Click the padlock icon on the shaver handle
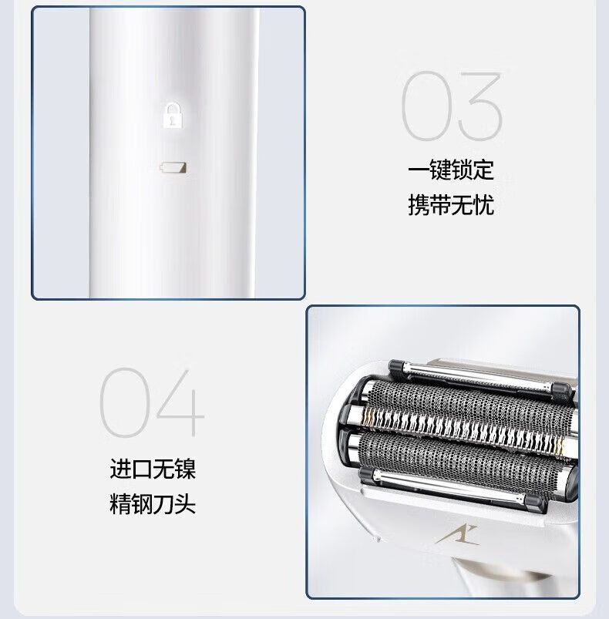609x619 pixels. coord(173,115)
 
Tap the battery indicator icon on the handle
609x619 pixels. coord(173,168)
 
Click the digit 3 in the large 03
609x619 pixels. coord(480,106)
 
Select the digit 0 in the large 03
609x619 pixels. coord(426,106)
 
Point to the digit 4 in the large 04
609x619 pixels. coord(180,402)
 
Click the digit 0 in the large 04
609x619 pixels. coord(124,402)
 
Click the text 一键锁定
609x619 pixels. coord(451,170)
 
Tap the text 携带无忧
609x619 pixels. coord(451,205)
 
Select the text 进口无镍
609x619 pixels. coord(153,469)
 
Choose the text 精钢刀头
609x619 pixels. coord(153,503)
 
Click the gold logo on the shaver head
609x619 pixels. coord(457,535)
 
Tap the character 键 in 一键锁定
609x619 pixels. coord(440,170)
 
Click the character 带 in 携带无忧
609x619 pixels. coord(440,205)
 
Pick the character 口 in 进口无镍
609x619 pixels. coord(142,469)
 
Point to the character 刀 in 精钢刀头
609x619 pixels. coord(163,503)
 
